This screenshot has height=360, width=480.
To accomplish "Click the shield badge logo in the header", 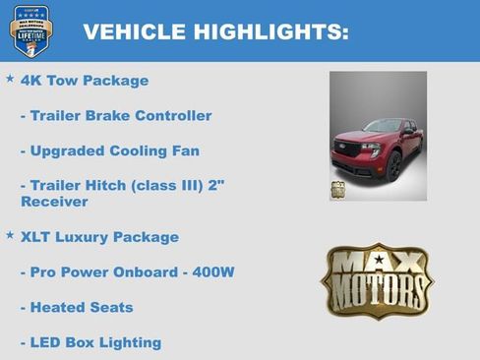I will click(30, 30).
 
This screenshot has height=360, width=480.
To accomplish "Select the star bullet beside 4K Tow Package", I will click(10, 78).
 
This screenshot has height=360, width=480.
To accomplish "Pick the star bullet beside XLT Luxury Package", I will click(10, 234).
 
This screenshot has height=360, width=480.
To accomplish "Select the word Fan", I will click(185, 151).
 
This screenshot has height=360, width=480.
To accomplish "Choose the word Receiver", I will click(54, 202).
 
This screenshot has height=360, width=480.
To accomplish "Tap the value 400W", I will click(211, 272).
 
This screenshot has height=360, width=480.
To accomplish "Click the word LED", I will click(48, 342).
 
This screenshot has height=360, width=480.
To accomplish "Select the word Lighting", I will click(131, 343).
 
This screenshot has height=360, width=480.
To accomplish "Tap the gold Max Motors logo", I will click(377, 282).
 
